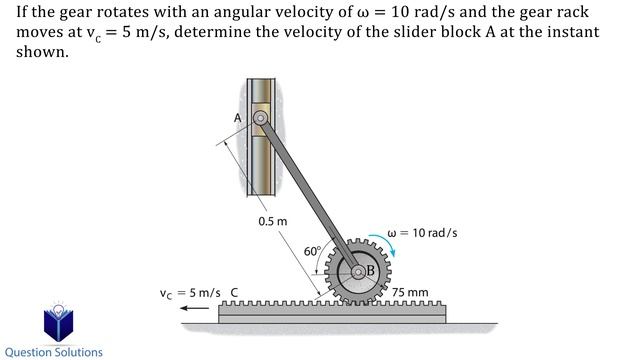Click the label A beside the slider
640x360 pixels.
pyautogui.click(x=238, y=117)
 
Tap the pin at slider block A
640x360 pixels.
pyautogui.click(x=260, y=119)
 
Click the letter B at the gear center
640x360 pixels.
pyautogui.click(x=369, y=270)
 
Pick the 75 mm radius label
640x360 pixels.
pyautogui.click(x=410, y=293)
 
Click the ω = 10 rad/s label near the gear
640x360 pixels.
pyautogui.click(x=422, y=233)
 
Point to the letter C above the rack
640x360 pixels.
pyautogui.click(x=234, y=293)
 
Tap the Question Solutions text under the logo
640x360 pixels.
pyautogui.click(x=54, y=352)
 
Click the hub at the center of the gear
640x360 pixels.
pyautogui.click(x=356, y=271)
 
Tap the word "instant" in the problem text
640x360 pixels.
pyautogui.click(x=573, y=31)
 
